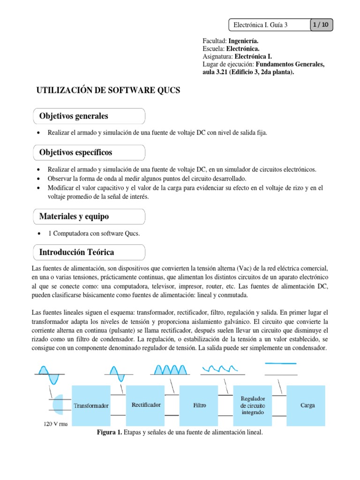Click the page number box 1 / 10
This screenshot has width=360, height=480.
[x=321, y=25]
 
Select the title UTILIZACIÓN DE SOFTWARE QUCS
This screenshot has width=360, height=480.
[x=108, y=90]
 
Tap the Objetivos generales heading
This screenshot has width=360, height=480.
[x=74, y=116]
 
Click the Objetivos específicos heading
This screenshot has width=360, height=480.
[x=76, y=153]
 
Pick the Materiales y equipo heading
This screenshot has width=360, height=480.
[x=74, y=216]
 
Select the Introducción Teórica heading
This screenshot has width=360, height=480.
[x=76, y=252]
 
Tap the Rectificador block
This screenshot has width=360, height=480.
[x=146, y=404]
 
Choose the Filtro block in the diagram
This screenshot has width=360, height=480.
[x=199, y=405]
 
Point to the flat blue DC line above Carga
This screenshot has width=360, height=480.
[x=281, y=363]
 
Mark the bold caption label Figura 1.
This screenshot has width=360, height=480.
[x=109, y=433]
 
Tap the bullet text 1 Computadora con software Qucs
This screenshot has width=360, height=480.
[x=94, y=233]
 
